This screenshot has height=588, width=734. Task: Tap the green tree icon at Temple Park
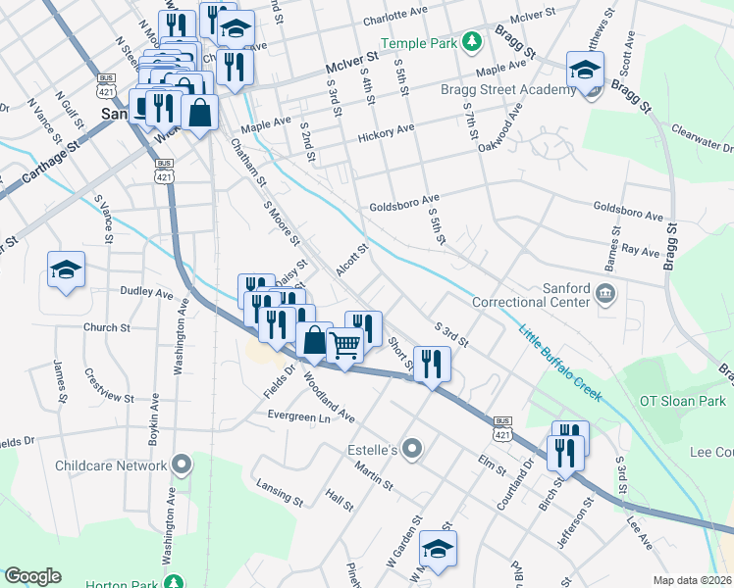(472, 41)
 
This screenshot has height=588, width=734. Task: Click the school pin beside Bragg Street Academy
(586, 71)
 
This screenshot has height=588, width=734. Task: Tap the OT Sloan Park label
(682, 401)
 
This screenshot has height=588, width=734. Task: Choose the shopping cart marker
(344, 344)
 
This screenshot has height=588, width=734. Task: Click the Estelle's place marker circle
(412, 450)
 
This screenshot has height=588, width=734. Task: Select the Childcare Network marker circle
(181, 463)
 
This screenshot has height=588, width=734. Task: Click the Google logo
(32, 576)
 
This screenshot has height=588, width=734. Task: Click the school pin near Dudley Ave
(66, 270)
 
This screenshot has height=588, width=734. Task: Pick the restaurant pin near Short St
(431, 365)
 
